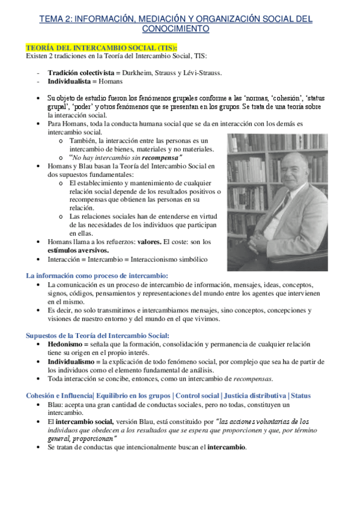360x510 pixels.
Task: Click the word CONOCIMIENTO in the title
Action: click(175, 29)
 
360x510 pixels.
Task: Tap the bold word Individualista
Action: click(71, 81)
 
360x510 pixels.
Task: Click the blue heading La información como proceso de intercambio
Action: click(97, 275)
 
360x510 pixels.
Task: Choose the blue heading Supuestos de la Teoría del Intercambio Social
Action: click(97, 335)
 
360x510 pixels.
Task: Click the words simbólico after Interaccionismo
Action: click(189, 259)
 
